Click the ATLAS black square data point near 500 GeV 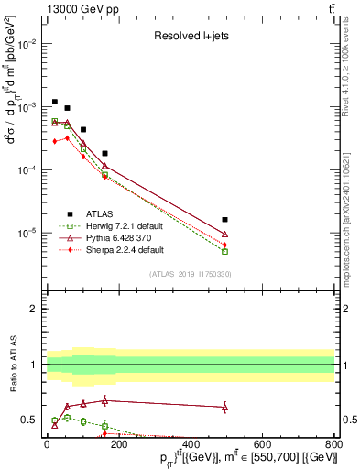(x=225, y=220)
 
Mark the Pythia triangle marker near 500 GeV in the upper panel (x=225, y=234)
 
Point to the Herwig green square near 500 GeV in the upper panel (x=225, y=251)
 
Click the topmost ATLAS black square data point (x=55, y=102)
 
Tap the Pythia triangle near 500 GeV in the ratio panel (x=225, y=407)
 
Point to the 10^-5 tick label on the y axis (x=27, y=233)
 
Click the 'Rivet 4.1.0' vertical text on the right (x=351, y=60)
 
